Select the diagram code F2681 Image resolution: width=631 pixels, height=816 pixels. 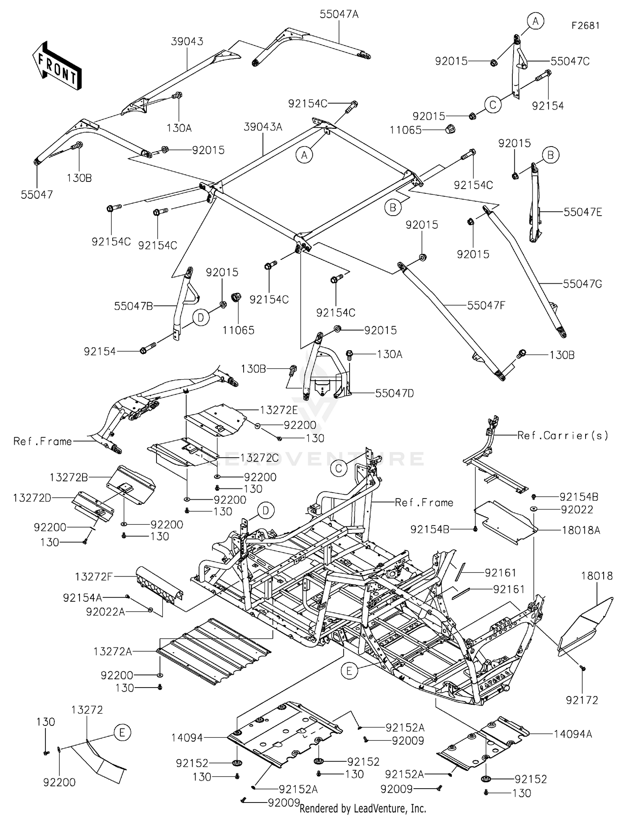[x=585, y=26]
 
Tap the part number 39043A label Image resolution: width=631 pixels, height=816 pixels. [x=263, y=127]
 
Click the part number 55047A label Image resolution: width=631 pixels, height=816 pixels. [x=339, y=14]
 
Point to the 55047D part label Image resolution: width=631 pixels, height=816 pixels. [x=394, y=393]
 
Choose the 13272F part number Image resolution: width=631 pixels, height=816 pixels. [x=93, y=577]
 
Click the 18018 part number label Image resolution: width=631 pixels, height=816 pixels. [x=597, y=576]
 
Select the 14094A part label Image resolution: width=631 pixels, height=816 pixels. [x=573, y=734]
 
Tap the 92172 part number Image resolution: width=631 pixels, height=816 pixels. [x=582, y=700]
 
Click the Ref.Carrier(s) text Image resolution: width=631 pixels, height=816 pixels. [x=562, y=435]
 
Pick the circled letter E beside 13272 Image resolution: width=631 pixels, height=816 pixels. [x=122, y=733]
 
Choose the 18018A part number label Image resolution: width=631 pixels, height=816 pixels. [x=581, y=531]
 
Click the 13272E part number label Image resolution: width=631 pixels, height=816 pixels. [x=279, y=410]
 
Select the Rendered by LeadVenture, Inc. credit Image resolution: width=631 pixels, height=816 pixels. [x=363, y=808]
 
